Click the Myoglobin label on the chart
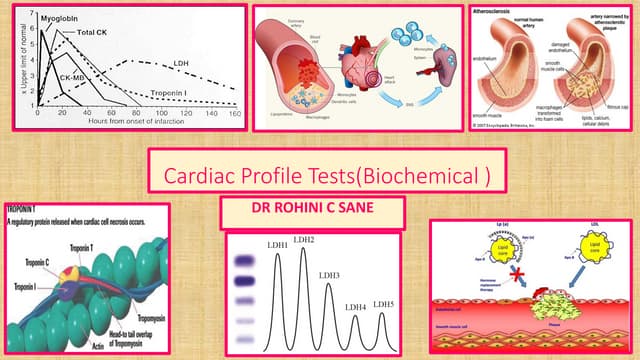(x=58, y=17)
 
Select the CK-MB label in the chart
(x=72, y=76)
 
